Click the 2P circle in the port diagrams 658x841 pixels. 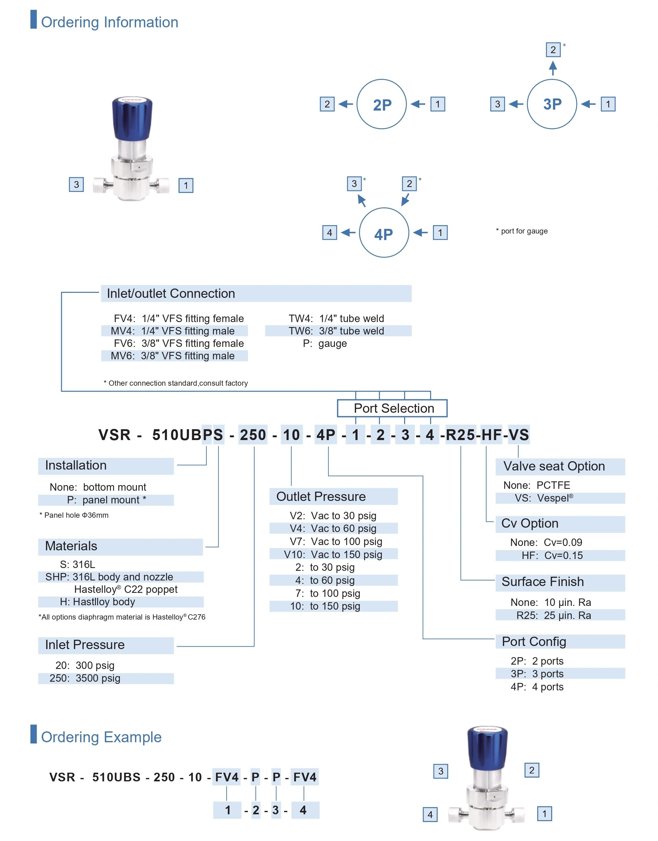pos(381,104)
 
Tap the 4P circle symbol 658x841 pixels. pos(384,233)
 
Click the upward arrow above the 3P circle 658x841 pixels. pos(553,69)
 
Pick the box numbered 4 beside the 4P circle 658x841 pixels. pos(329,233)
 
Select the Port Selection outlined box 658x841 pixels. pos(392,408)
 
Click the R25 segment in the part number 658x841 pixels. pos(460,435)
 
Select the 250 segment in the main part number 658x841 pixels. pos(253,435)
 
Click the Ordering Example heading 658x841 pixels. pos(101,737)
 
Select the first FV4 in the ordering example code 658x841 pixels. pos(227,777)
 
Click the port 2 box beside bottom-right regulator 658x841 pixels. pos(532,771)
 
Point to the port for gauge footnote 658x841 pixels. pos(522,231)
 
